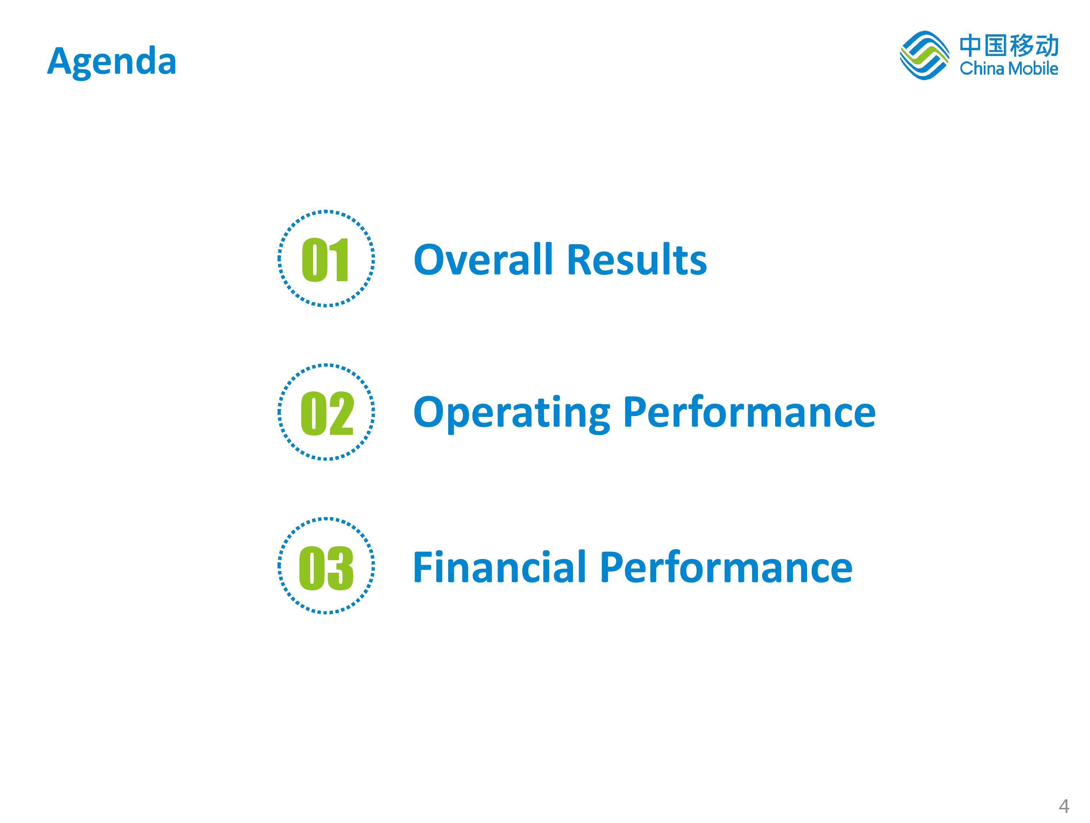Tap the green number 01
325,260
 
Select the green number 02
327,413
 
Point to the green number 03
326,568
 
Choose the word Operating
512,413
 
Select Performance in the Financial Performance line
726,567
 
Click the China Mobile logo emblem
924,55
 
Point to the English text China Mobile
1009,68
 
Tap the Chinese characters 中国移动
1009,46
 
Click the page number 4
1064,806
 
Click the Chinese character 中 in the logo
971,46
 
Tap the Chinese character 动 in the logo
1047,46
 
